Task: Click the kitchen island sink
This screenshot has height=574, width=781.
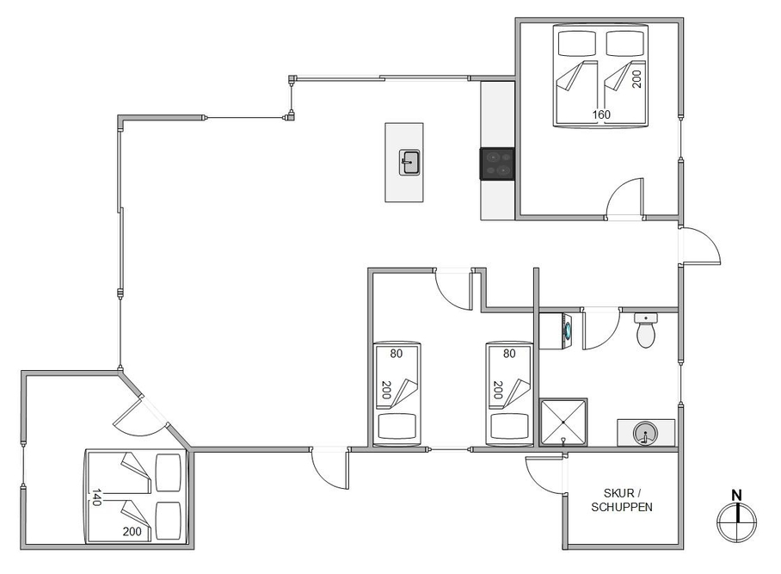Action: click(x=409, y=163)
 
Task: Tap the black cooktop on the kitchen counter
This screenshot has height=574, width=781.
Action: click(x=497, y=164)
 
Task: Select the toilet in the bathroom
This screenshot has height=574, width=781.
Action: click(x=646, y=330)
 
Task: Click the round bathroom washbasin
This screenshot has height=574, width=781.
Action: click(x=645, y=433)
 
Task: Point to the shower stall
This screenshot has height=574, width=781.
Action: click(x=563, y=422)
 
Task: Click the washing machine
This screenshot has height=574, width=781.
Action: click(x=557, y=330)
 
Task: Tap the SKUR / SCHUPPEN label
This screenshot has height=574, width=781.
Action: click(x=622, y=500)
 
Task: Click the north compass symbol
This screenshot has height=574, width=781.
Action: click(x=736, y=522)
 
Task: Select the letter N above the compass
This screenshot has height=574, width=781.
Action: click(x=736, y=496)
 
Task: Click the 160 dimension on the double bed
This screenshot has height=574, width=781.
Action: click(x=601, y=114)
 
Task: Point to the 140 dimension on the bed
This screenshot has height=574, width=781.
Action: click(x=96, y=497)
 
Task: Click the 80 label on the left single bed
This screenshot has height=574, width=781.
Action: click(x=396, y=354)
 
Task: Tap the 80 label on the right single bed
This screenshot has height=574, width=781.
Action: click(x=509, y=354)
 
